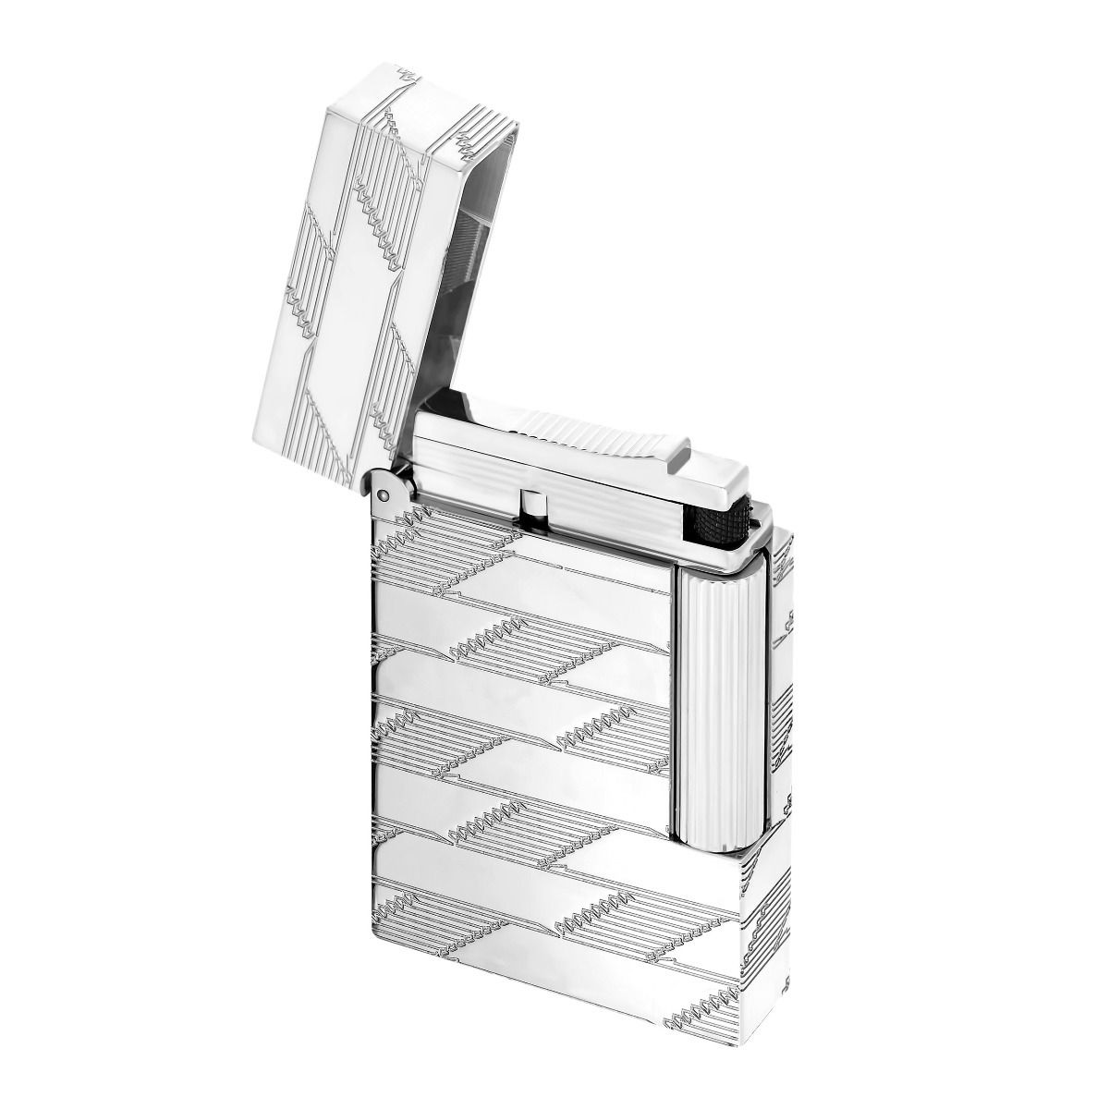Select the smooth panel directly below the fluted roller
pos(706,887)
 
